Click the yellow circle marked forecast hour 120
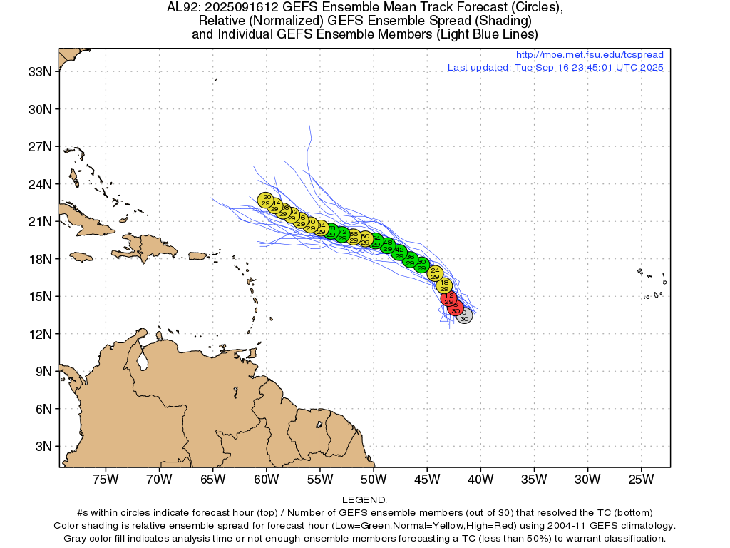tap(265, 200)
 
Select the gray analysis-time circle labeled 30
tap(464, 316)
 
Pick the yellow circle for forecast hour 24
tap(435, 273)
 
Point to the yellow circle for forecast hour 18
tap(444, 285)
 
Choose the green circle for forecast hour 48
tap(388, 245)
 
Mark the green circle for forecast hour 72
tap(342, 234)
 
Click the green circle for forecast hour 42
tap(399, 252)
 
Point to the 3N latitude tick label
tap(43, 446)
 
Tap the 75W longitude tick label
tap(106, 478)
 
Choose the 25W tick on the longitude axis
tap(641, 478)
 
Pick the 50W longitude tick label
tap(373, 478)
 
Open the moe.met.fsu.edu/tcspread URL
tap(589, 55)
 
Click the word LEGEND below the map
tap(364, 500)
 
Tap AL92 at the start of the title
tap(182, 8)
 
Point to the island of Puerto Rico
tap(197, 255)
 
